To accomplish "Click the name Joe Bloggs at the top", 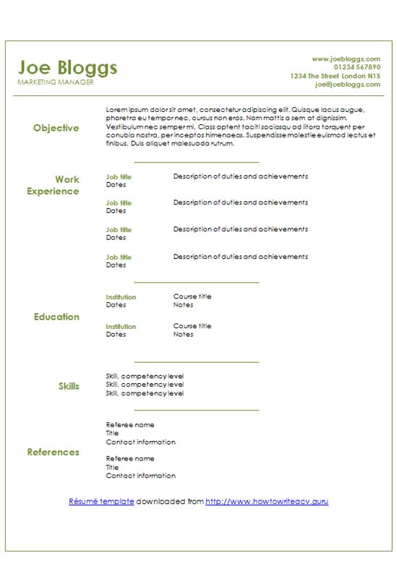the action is coord(67,67).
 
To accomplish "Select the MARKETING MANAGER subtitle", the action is coord(55,82).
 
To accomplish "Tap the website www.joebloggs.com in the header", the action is coord(346,59).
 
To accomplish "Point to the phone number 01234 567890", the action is coord(357,67).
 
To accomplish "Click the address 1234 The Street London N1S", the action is coord(335,76).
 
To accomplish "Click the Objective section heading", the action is coord(56,128).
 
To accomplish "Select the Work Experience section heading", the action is coord(54,185).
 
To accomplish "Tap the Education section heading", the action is coord(56,317).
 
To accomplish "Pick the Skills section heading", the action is coord(69,386).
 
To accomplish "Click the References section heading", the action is coord(53,452).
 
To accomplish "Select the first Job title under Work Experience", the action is coord(119,176).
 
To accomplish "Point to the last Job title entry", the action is coord(119,257).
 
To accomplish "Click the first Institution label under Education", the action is coord(121,297).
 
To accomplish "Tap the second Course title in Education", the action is coord(192,326).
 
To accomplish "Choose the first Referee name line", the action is coord(130,425).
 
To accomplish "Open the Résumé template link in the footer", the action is coord(101,501).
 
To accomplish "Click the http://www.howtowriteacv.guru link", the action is coord(267,501).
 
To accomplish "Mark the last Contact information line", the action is coord(140,476).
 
